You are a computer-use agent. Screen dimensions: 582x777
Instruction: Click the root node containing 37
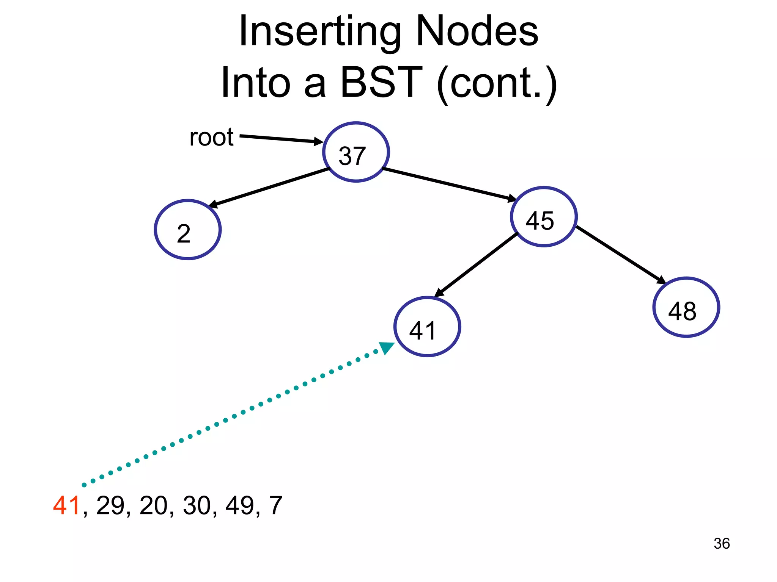tap(356, 152)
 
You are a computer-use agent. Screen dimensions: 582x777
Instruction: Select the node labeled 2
tap(188, 230)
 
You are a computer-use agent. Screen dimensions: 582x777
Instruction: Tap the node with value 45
tap(544, 217)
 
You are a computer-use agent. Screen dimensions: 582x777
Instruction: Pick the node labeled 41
tap(427, 327)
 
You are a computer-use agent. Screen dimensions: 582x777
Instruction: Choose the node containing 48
tap(686, 307)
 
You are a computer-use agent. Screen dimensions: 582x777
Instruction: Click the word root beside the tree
tap(211, 137)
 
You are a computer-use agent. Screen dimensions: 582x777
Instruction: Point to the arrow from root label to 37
tap(281, 139)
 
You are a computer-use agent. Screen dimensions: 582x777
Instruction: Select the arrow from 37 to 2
tap(269, 188)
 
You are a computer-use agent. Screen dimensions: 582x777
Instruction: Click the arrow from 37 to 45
tap(450, 184)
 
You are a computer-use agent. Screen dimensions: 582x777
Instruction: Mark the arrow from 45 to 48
tap(621, 255)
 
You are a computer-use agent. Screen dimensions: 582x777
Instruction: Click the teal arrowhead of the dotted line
tap(387, 347)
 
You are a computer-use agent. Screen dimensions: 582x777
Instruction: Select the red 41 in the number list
tap(66, 505)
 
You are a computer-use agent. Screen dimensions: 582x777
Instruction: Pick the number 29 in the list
tap(110, 505)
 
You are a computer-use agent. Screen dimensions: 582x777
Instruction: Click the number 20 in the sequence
tap(153, 505)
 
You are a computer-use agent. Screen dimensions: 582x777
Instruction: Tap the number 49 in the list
tap(240, 505)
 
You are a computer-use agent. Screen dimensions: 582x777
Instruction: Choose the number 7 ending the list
tap(276, 505)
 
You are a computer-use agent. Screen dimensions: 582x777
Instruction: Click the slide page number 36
tap(721, 543)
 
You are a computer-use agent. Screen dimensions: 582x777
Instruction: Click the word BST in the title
tap(381, 82)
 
